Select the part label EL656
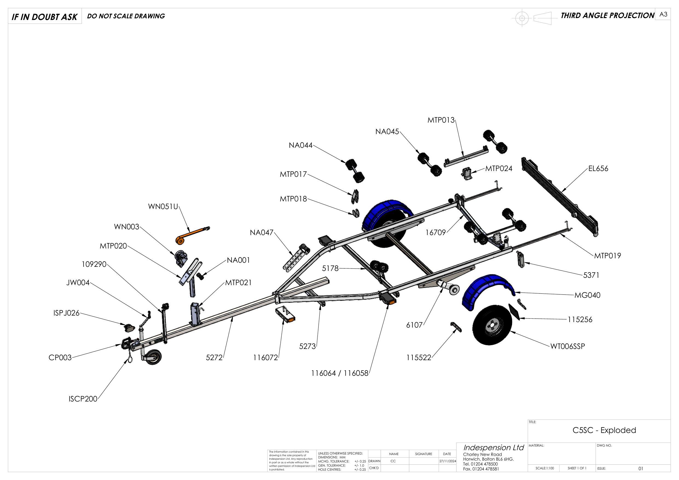(x=598, y=169)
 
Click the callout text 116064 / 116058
(x=340, y=373)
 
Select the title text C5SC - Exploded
(x=604, y=430)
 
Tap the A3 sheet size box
(x=663, y=15)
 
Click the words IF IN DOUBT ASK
(x=44, y=17)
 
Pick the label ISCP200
(x=83, y=399)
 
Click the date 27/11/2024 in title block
(x=447, y=461)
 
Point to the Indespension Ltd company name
(x=493, y=447)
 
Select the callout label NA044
(x=301, y=146)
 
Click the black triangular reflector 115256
(x=515, y=311)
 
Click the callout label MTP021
(x=238, y=283)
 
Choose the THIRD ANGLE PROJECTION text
(x=608, y=15)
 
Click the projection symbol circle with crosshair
(x=522, y=18)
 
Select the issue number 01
(x=641, y=469)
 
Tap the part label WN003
(x=126, y=227)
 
